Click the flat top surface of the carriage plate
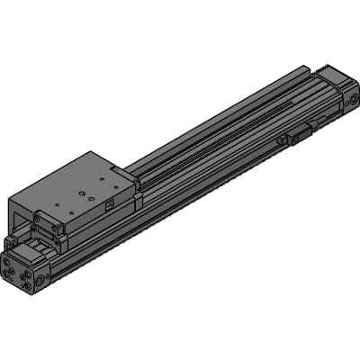[x=76, y=184]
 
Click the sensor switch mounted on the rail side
[x=298, y=134]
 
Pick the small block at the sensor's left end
[x=283, y=140]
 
